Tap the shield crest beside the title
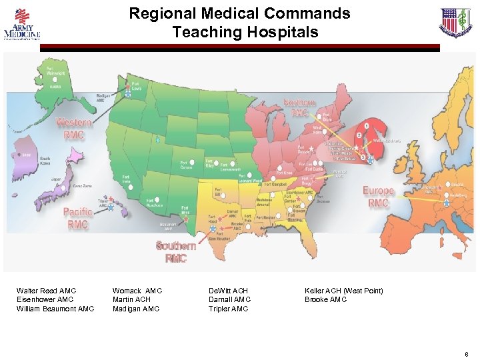(x=455, y=23)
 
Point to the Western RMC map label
(x=74, y=127)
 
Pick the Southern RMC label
(x=177, y=252)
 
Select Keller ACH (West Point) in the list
(x=344, y=291)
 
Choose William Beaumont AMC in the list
(x=55, y=309)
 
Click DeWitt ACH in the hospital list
(x=228, y=291)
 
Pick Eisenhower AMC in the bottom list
(x=45, y=300)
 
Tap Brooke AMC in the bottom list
(x=326, y=300)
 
